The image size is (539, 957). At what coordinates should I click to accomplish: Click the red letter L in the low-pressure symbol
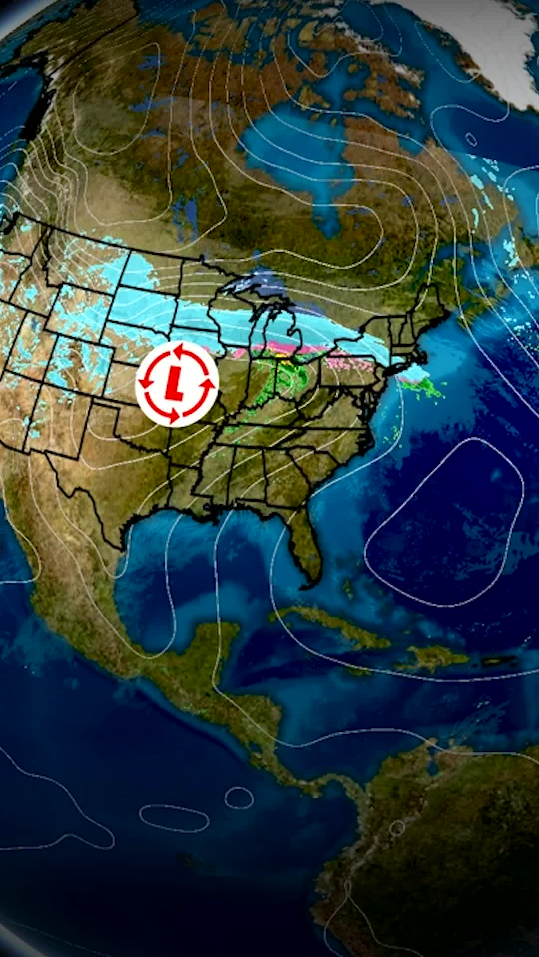[x=173, y=384]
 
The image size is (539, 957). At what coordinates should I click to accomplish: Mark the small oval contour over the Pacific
[x=239, y=797]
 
